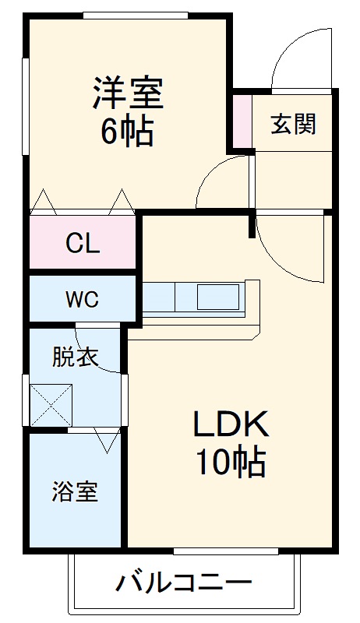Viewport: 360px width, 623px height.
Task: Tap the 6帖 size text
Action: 127,132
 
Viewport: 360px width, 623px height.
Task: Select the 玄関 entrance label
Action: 293,125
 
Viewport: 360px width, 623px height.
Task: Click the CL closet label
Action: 83,245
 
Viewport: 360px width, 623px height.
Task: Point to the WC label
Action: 82,300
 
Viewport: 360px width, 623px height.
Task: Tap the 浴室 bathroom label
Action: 76,492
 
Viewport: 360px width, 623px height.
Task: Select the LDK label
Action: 231,425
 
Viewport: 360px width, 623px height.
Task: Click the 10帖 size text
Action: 231,464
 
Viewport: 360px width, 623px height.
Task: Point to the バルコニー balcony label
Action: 185,583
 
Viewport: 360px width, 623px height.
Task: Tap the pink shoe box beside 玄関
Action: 242,121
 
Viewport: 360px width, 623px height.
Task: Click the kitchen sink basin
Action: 220,297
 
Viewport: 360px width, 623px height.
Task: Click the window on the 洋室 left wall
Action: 26,105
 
